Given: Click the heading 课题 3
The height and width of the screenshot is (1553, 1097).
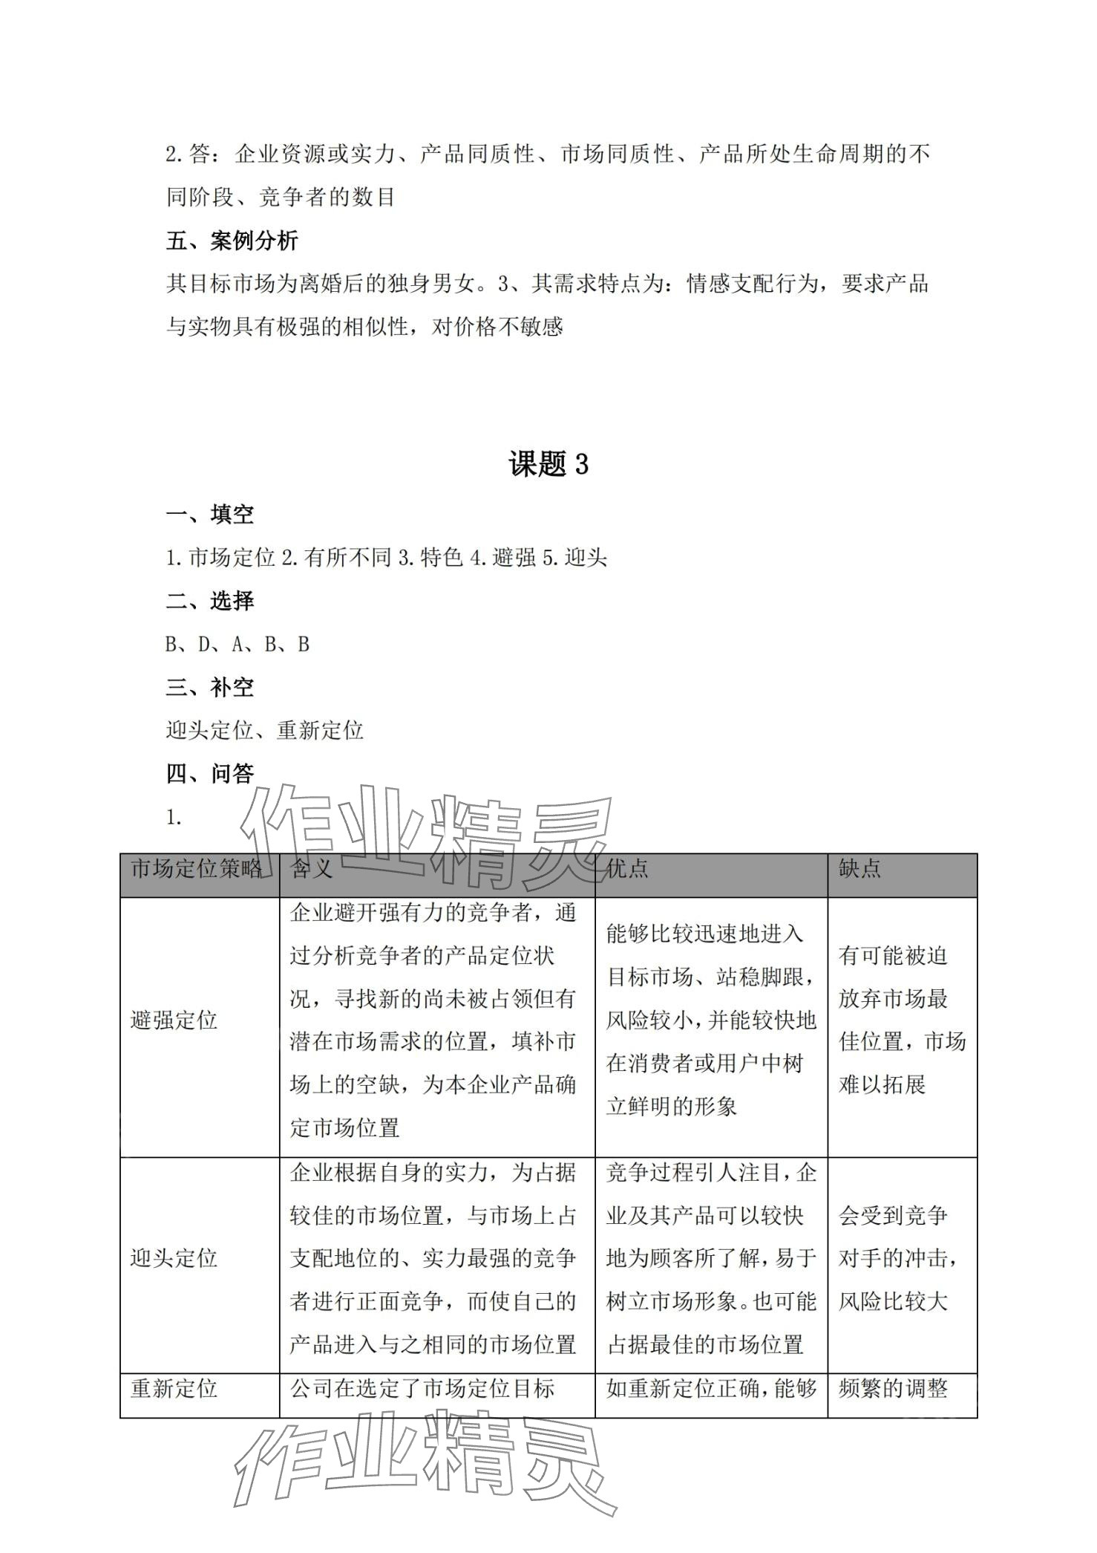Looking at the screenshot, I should [x=548, y=464].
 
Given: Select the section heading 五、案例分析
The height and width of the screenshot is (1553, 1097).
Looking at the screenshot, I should [x=232, y=241].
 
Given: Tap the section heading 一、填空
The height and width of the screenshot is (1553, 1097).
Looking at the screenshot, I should [x=209, y=514].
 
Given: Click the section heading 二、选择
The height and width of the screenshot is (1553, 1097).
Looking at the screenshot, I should [x=209, y=600].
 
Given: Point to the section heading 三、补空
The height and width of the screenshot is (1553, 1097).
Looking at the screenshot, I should [x=209, y=687].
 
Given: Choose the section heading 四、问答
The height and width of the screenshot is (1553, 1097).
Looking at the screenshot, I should [x=209, y=773].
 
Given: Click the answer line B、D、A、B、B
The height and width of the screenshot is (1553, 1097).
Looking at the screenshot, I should [x=237, y=644].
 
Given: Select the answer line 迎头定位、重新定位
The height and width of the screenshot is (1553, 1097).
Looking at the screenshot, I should [x=264, y=730].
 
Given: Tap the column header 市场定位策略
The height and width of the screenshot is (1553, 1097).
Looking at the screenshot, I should [x=197, y=868].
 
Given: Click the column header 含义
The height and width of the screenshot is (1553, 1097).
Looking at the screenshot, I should [x=312, y=868].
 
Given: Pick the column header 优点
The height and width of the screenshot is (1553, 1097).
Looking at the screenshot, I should [x=627, y=868].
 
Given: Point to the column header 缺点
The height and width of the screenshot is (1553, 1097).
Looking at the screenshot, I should [x=859, y=868].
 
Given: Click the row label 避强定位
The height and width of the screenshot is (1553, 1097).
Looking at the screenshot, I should [x=174, y=1020].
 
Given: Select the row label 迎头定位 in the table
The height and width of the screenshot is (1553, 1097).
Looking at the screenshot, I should [x=174, y=1258].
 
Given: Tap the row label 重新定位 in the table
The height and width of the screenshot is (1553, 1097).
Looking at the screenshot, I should [x=174, y=1388].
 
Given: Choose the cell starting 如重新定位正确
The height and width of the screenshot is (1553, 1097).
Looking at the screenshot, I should [x=711, y=1388].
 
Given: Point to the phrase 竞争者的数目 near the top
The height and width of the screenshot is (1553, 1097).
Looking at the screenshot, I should [x=327, y=198].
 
